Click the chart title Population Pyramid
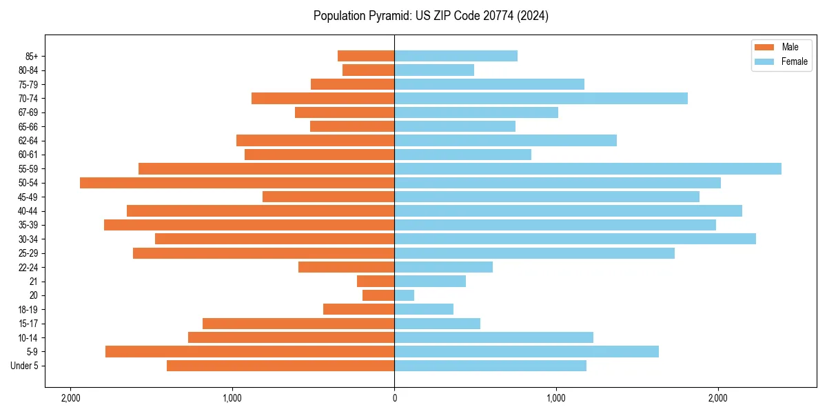pyautogui.click(x=431, y=16)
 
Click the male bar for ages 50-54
pyautogui.click(x=237, y=183)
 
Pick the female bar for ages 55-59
pyautogui.click(x=588, y=168)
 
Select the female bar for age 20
pyautogui.click(x=405, y=295)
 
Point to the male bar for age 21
pyautogui.click(x=376, y=282)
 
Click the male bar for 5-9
pyautogui.click(x=249, y=352)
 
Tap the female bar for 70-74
pyautogui.click(x=541, y=98)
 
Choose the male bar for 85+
pyautogui.click(x=366, y=56)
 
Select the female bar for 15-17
pyautogui.click(x=438, y=324)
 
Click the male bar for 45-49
pyautogui.click(x=329, y=197)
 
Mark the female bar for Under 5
pyautogui.click(x=491, y=366)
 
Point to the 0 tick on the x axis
pyautogui.click(x=394, y=398)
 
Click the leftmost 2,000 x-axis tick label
pyautogui.click(x=70, y=398)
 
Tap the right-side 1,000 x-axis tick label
pyautogui.click(x=556, y=398)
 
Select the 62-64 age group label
pyautogui.click(x=28, y=141)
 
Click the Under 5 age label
pyautogui.click(x=25, y=366)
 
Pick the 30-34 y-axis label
pyautogui.click(x=28, y=239)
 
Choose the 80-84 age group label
pyautogui.click(x=28, y=70)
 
